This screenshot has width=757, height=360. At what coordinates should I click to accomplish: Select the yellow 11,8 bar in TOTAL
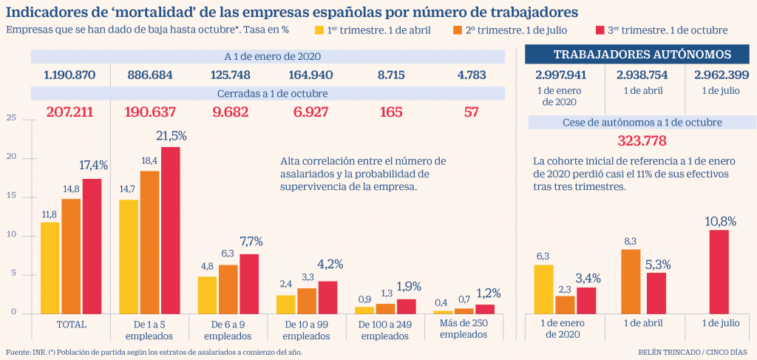click(50, 268)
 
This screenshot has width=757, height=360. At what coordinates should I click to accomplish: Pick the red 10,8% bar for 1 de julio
click(719, 272)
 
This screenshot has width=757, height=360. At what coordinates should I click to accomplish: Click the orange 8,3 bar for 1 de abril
click(630, 282)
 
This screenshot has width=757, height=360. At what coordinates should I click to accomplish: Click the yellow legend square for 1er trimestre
click(319, 30)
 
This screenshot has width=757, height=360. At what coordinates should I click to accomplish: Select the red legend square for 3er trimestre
click(600, 30)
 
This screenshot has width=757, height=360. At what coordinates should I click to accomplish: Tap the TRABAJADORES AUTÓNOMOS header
click(642, 54)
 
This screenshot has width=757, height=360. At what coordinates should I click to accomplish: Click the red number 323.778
click(642, 141)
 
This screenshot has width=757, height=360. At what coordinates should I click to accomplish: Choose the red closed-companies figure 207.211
click(69, 112)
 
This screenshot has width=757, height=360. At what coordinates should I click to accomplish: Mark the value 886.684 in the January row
click(150, 75)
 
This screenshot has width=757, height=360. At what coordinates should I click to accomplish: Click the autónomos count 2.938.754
click(642, 75)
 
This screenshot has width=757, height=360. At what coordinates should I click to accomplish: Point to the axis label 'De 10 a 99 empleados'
click(306, 330)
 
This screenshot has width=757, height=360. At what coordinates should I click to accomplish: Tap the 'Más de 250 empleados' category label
click(464, 330)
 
